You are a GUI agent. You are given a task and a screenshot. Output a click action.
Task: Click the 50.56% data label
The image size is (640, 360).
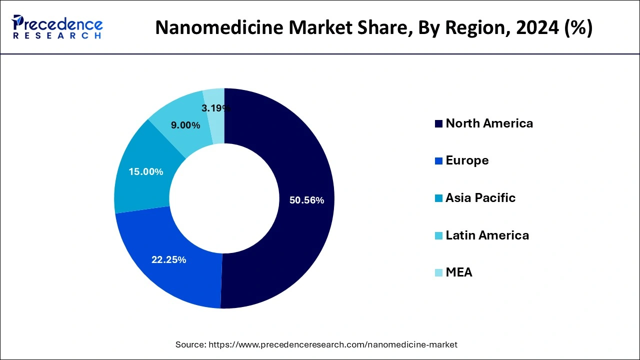[307, 200]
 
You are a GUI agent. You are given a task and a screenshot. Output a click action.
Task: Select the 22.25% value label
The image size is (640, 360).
[169, 260]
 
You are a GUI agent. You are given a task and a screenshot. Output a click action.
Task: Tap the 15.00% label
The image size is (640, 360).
[145, 172]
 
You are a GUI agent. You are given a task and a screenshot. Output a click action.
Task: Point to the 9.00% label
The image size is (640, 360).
[185, 125]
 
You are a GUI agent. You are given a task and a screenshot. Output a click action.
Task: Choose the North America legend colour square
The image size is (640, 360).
[438, 124]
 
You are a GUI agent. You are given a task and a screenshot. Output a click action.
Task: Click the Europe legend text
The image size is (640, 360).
[467, 160]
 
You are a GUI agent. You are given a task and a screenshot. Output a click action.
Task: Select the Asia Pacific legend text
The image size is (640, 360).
[480, 198]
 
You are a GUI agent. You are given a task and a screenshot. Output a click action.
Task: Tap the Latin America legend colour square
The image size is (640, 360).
[438, 235]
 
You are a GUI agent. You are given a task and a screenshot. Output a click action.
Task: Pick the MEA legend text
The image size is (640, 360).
[459, 272]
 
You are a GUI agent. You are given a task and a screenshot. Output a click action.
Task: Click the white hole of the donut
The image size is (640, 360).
[224, 198]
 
